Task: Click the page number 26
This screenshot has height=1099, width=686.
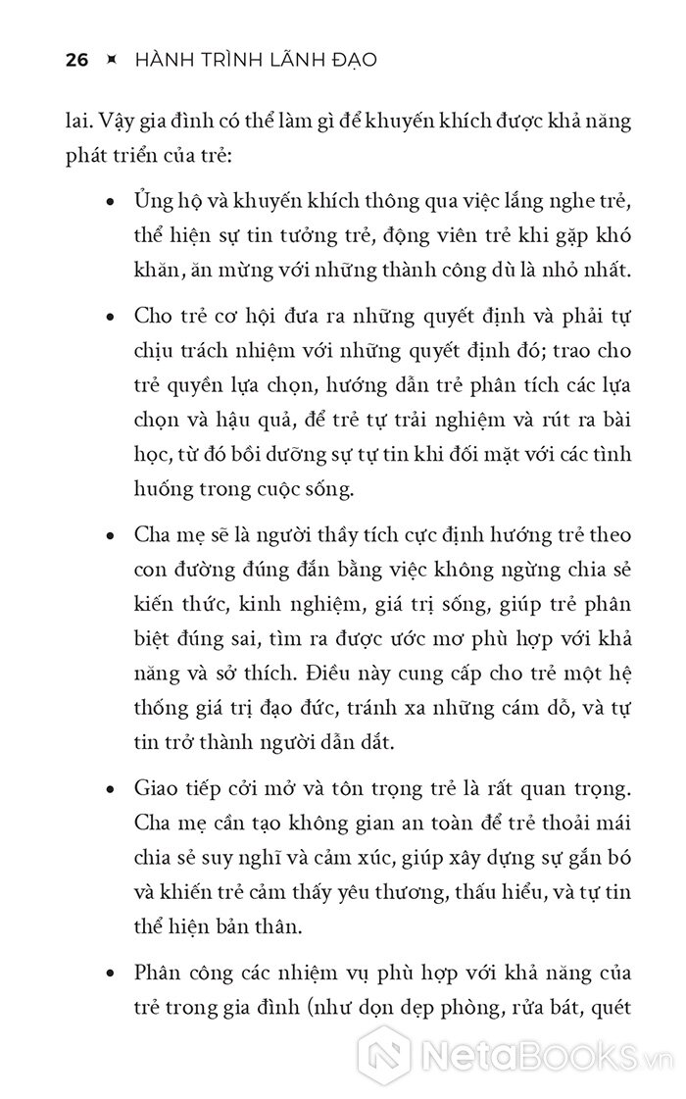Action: point(76,60)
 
